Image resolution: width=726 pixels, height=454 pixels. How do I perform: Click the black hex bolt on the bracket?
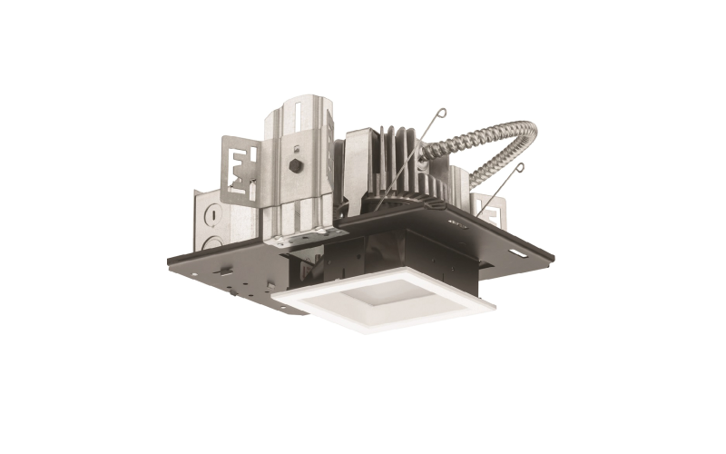(x=297, y=166)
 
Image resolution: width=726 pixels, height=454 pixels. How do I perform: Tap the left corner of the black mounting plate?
(x=170, y=261)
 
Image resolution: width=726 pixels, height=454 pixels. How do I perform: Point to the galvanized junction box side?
(x=227, y=227)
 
